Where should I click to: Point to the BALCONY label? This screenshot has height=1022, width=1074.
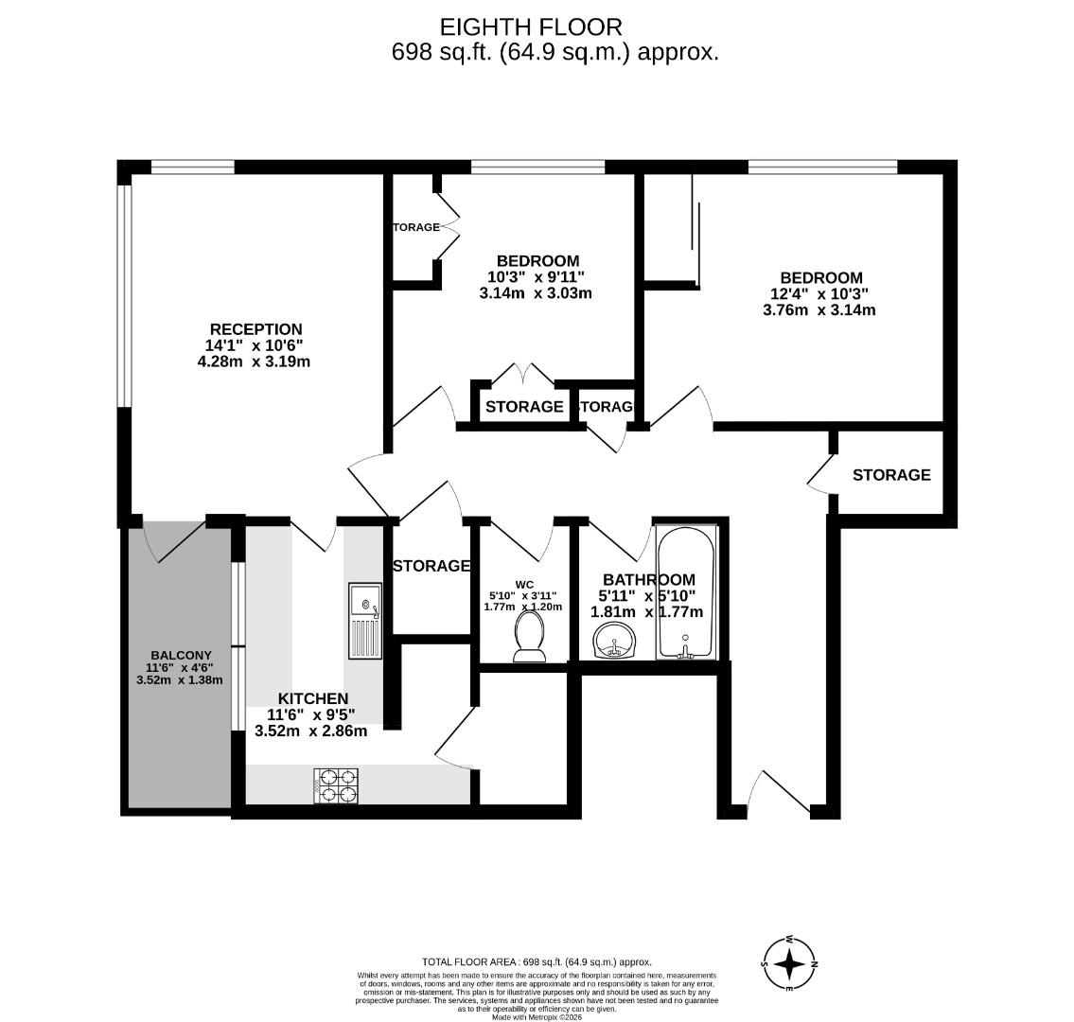[x=181, y=655]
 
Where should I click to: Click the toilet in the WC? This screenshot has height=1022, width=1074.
[x=528, y=636]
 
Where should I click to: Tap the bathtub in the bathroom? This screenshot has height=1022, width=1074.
[x=687, y=593]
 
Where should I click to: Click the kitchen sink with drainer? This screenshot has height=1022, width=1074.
[x=364, y=620]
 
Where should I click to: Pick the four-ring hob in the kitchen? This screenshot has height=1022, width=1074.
[x=336, y=785]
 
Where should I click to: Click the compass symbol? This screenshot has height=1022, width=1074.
[x=789, y=963]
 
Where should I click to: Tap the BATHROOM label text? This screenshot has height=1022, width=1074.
[x=649, y=580]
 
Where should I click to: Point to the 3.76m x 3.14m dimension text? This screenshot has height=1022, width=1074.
[x=819, y=309]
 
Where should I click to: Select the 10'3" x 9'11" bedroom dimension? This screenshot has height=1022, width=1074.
[x=537, y=277]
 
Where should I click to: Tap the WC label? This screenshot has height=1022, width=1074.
[x=525, y=584]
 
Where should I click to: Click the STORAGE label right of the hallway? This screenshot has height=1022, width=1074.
[x=891, y=475]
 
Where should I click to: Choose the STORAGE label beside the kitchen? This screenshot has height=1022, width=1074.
[x=431, y=566]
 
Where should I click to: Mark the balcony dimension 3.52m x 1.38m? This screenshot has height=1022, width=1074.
[x=181, y=679]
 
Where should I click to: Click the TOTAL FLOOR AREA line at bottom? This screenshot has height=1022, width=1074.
[x=537, y=961]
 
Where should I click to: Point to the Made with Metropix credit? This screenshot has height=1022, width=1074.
[x=537, y=1017]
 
